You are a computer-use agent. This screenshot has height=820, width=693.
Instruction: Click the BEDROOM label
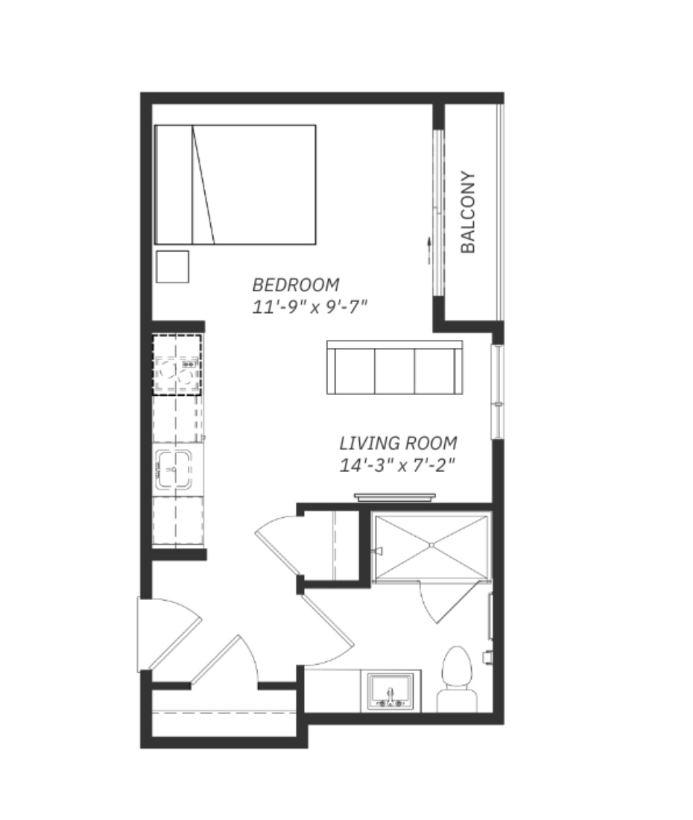pyautogui.click(x=296, y=285)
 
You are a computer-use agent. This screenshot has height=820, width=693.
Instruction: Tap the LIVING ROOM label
pyautogui.click(x=398, y=443)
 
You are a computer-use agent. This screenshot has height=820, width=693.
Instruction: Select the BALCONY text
pyautogui.click(x=468, y=212)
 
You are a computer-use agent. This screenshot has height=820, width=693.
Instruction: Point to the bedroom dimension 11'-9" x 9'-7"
pyautogui.click(x=311, y=306)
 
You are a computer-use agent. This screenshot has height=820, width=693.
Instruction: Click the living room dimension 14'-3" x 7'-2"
pyautogui.click(x=398, y=464)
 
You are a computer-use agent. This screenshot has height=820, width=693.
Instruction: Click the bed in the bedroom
pyautogui.click(x=235, y=185)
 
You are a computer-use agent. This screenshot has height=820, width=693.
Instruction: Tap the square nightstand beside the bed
pyautogui.click(x=172, y=267)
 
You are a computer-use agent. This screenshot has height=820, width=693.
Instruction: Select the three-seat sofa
pyautogui.click(x=395, y=367)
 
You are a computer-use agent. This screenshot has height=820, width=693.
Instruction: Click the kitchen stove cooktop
pyautogui.click(x=177, y=365)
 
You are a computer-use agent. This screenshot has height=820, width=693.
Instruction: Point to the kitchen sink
pyautogui.click(x=174, y=470)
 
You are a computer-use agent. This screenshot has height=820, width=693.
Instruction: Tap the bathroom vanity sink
pyautogui.click(x=390, y=691)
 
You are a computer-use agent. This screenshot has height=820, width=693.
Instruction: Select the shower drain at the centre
pyautogui.click(x=431, y=546)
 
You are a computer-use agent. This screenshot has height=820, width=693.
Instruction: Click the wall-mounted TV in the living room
pyautogui.click(x=395, y=496)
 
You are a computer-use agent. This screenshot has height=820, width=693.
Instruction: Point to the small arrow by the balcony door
pyautogui.click(x=429, y=250)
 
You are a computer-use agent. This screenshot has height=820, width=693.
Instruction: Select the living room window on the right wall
pyautogui.click(x=497, y=391)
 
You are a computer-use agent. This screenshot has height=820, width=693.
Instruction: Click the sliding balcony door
pyautogui.click(x=439, y=213)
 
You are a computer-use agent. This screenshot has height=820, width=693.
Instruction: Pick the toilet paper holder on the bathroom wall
pyautogui.click(x=488, y=655)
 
